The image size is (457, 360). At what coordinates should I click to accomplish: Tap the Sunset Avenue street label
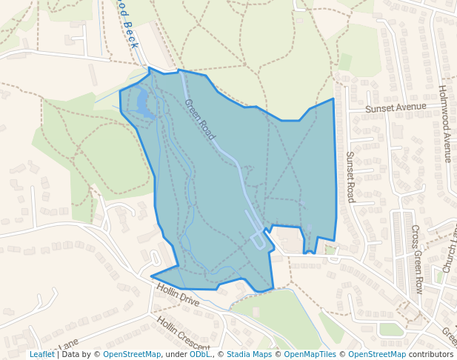[396, 107]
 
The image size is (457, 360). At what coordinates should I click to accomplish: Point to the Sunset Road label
[350, 177]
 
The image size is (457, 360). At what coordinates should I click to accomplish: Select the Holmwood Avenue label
[444, 123]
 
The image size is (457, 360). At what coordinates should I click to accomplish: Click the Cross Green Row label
[417, 259]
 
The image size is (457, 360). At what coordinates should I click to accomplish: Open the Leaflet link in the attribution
[41, 354]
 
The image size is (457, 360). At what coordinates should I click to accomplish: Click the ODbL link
[199, 354]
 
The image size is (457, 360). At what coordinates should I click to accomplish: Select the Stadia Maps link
[249, 354]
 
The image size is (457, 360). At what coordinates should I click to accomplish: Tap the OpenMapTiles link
[310, 354]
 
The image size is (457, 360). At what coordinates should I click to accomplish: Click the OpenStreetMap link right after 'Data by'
[132, 354]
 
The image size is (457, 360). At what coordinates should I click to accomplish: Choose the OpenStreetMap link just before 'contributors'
[377, 354]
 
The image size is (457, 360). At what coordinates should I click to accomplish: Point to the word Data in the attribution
[72, 354]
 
